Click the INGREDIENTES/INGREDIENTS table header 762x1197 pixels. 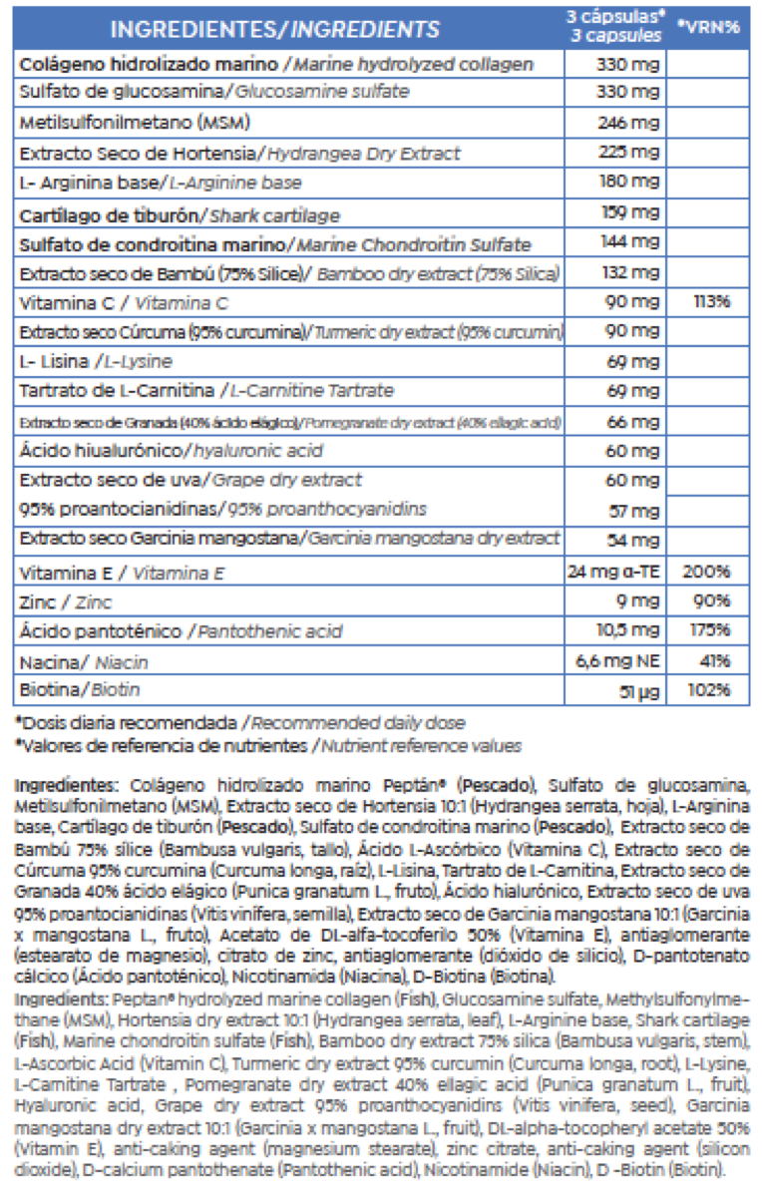pyautogui.click(x=274, y=30)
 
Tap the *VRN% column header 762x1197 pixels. pyautogui.click(x=707, y=27)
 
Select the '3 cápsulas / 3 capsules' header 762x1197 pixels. pyautogui.click(x=614, y=27)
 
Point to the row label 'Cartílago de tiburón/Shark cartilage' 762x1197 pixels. pyautogui.click(x=180, y=214)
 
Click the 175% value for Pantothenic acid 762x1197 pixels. pyautogui.click(x=708, y=630)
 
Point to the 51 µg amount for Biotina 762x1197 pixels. pyautogui.click(x=638, y=690)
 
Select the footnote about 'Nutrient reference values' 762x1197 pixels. pyautogui.click(x=267, y=744)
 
